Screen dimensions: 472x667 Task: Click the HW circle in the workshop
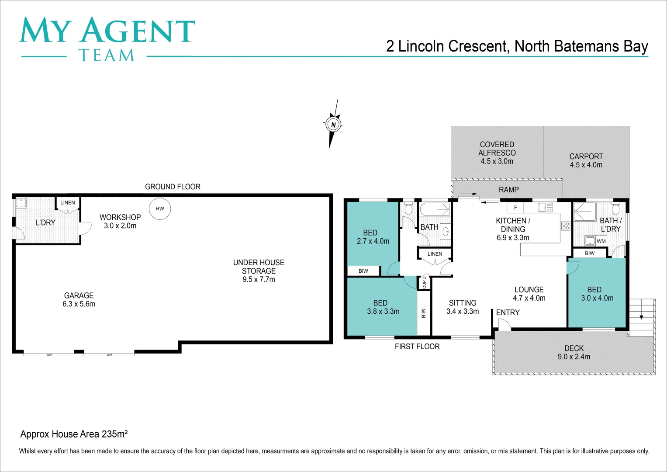160,208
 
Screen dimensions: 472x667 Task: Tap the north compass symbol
333,125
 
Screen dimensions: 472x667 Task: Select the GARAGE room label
79,296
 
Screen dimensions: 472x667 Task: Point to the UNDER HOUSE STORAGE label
259,267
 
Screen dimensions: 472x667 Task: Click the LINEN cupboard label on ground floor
68,203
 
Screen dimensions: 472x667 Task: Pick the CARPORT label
586,156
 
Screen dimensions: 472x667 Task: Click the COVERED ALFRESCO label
497,149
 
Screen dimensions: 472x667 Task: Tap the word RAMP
509,190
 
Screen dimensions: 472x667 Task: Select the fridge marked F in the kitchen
515,208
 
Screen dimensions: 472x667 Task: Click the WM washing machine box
601,241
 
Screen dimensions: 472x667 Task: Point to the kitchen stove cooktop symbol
566,226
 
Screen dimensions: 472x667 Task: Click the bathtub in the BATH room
435,209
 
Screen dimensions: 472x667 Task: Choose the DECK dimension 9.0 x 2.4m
574,357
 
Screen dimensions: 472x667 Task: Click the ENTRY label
508,312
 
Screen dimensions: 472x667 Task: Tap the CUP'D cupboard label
424,283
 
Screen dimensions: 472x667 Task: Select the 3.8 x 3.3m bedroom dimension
383,312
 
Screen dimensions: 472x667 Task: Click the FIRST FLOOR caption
417,347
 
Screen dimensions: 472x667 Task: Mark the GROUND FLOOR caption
173,187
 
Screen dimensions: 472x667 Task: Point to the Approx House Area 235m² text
74,434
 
